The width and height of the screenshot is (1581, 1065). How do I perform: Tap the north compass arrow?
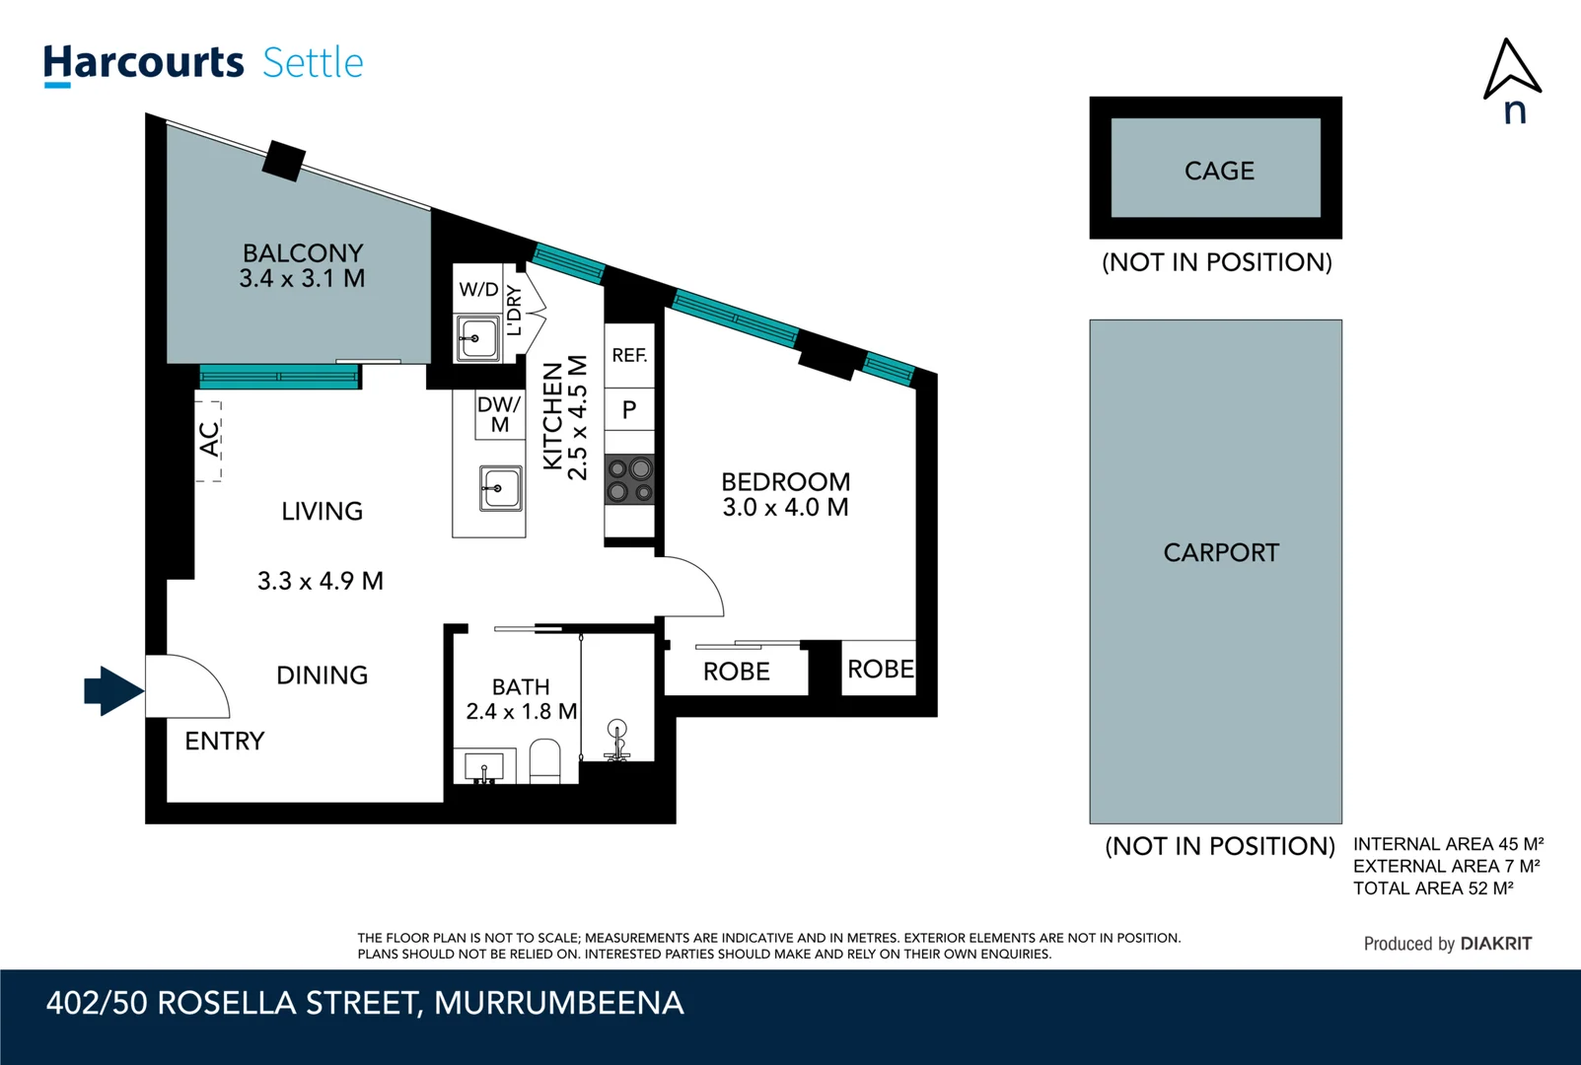(1511, 71)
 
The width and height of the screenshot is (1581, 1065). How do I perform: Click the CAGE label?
(1219, 171)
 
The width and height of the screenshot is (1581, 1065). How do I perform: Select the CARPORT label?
(1220, 552)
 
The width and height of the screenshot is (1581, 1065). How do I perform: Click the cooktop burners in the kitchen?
(629, 479)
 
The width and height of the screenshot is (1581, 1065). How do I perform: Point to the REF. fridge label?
(629, 355)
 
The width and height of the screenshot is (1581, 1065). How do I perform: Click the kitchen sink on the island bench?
(500, 488)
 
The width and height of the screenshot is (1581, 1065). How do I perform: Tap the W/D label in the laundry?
(478, 289)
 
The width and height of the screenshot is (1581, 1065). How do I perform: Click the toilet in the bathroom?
(544, 761)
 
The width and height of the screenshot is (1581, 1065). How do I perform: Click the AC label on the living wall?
(209, 440)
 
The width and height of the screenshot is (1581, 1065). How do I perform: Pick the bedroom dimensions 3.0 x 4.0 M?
(785, 508)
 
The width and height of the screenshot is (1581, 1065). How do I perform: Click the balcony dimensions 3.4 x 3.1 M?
(302, 279)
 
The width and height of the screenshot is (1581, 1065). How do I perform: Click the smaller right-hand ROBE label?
(880, 670)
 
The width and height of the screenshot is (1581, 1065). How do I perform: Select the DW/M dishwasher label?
(499, 414)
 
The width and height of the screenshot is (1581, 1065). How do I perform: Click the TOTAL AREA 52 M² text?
(1432, 888)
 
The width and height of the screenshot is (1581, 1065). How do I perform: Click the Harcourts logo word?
(143, 63)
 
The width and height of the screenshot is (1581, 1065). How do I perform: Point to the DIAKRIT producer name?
(1495, 944)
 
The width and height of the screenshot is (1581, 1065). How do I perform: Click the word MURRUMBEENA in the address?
(558, 1003)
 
